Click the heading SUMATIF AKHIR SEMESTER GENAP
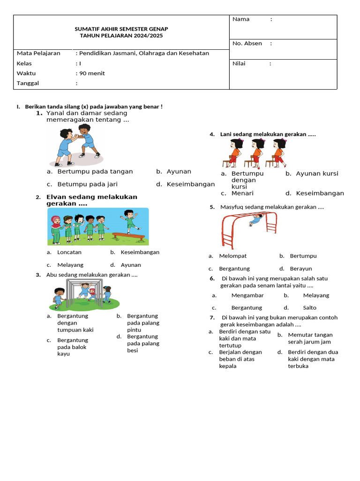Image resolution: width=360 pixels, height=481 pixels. (121, 29)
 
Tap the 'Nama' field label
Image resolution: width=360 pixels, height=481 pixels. (241, 19)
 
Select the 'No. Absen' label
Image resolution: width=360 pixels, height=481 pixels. (247, 44)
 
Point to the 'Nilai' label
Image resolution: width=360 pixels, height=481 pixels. (239, 63)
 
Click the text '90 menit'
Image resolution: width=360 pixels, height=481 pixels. (92, 73)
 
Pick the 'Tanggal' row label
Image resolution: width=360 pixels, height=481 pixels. (28, 83)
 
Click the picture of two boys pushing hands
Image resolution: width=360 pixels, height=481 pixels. (78, 145)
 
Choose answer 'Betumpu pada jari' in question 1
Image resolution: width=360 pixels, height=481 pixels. (87, 184)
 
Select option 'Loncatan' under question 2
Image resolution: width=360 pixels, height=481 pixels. (69, 252)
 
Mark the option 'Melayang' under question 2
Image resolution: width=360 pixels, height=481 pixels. (70, 265)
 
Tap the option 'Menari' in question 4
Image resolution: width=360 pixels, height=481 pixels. (242, 193)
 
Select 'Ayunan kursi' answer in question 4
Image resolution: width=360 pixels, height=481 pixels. (317, 173)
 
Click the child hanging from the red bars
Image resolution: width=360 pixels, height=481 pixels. (255, 220)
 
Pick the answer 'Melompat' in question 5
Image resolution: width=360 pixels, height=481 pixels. (233, 256)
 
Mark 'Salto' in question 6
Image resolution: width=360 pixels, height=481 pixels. (309, 308)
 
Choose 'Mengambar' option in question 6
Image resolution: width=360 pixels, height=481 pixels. (247, 295)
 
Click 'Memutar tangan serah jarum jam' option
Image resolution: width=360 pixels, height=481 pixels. (310, 338)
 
